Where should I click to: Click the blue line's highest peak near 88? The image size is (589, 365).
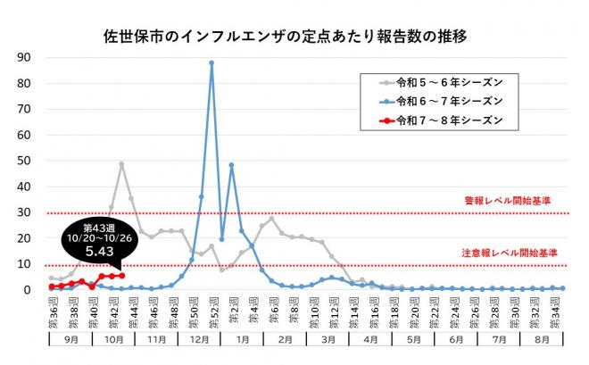pos(212,62)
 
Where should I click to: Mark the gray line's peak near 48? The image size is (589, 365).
pos(121,164)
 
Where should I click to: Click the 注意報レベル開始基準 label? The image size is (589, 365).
pos(506,253)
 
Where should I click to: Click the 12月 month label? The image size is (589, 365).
pos(202,340)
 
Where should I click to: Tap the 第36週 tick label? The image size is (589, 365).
pos(52,311)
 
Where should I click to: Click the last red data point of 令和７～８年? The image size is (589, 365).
pos(121,276)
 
